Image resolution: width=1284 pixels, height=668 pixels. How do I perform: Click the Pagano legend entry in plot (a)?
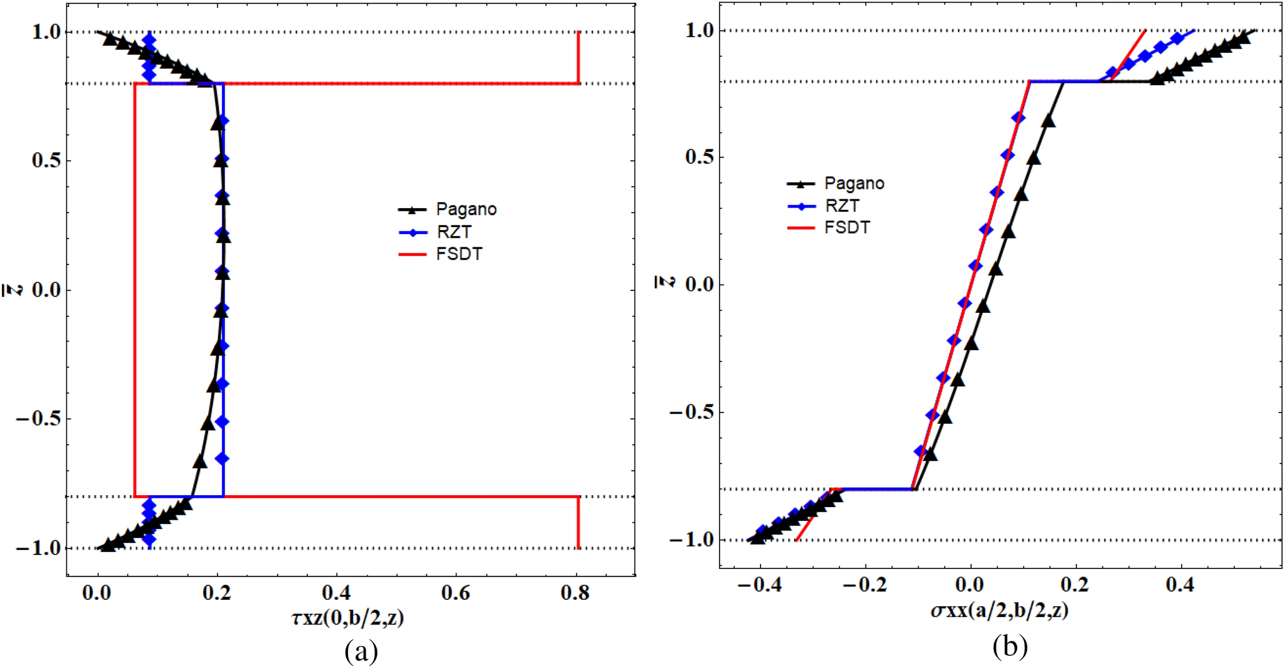[x=465, y=209]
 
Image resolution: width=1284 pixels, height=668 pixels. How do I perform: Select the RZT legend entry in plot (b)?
[x=841, y=206]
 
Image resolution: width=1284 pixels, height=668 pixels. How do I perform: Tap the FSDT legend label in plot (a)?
[x=458, y=254]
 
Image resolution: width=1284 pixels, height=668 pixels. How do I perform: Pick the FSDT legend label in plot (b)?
[x=847, y=227]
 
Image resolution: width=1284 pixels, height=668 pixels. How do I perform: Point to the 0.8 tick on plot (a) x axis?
[x=575, y=593]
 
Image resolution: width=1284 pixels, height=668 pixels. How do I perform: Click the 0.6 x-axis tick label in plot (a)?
[x=455, y=593]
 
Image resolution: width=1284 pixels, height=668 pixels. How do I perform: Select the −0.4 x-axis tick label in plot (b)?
[x=759, y=585]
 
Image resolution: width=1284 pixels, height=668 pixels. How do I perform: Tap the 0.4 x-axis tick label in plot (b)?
[x=1179, y=585]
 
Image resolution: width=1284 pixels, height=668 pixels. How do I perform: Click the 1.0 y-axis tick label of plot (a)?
[x=46, y=32]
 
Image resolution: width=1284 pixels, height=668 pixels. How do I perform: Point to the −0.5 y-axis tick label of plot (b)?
[x=691, y=412]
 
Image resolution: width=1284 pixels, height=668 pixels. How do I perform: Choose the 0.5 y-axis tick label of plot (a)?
[x=46, y=160]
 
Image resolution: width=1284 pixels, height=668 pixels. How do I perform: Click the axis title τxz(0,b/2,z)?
[x=347, y=618]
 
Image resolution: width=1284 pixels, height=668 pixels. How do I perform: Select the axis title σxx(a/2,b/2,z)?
[x=1000, y=610]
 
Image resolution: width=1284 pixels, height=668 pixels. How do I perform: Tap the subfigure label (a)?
[x=361, y=651]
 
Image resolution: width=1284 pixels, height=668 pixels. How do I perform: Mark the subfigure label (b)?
[x=1010, y=646]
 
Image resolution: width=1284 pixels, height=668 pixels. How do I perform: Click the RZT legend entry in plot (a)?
[x=453, y=232]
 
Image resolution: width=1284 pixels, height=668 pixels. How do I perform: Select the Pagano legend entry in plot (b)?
[x=854, y=184]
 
